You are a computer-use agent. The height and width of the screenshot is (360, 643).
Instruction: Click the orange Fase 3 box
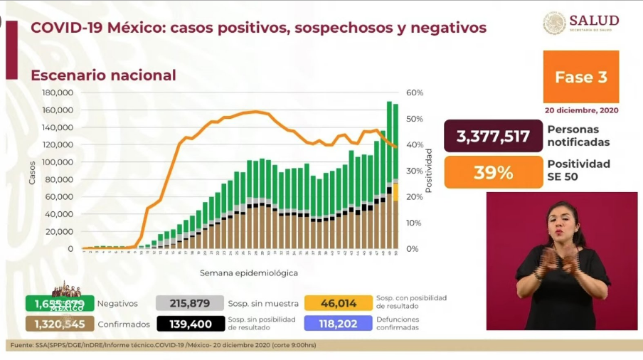click(580, 77)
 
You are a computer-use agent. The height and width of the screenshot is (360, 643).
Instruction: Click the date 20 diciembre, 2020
click(582, 111)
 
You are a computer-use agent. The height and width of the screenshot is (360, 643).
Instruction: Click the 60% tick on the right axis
click(415, 92)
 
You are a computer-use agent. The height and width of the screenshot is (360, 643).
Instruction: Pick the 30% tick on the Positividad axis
click(415, 171)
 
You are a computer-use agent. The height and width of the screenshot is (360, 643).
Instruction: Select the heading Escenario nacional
click(103, 75)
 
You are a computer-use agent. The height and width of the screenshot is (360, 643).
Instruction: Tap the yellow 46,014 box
click(338, 303)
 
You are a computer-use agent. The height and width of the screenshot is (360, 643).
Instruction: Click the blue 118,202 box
click(338, 324)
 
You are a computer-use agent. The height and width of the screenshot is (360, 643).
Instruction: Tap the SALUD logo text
click(594, 20)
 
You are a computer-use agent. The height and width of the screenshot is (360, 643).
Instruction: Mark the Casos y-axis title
click(31, 171)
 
